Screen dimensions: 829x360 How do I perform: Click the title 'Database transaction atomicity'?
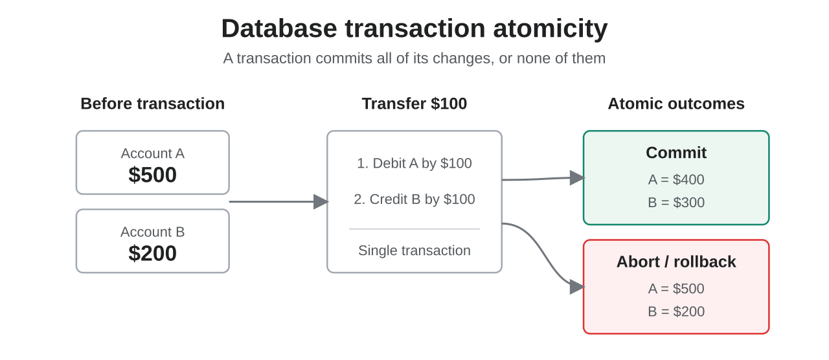[414, 29]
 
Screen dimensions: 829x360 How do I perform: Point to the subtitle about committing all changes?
[414, 58]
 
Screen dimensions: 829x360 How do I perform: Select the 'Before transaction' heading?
[152, 104]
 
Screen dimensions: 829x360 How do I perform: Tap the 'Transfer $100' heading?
[414, 104]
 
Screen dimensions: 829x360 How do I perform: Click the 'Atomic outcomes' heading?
[676, 104]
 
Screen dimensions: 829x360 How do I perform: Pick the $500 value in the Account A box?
[152, 175]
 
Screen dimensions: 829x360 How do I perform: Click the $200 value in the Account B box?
[152, 253]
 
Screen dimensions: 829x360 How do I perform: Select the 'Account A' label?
[152, 153]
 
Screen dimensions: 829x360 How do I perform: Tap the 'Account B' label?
[152, 232]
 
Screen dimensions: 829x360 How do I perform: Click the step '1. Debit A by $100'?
[414, 163]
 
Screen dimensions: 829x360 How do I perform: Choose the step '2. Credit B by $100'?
[414, 199]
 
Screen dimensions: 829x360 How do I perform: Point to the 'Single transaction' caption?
[414, 251]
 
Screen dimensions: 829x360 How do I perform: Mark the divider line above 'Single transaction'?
[414, 229]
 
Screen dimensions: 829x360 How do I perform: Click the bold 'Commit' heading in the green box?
[676, 153]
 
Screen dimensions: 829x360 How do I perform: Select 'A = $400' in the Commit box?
[676, 179]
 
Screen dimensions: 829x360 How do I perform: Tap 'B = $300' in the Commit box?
[676, 203]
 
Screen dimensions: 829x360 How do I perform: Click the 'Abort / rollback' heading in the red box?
[676, 262]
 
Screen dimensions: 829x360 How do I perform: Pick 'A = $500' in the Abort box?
[676, 289]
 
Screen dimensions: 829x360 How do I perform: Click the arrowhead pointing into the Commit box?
[577, 177]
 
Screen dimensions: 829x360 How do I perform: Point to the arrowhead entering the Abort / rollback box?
[577, 287]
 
